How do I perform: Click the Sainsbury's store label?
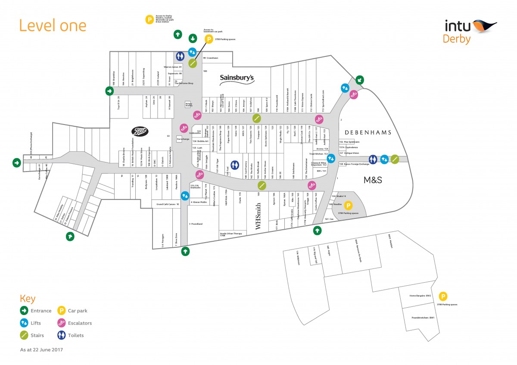(237, 78)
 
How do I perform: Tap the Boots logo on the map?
(140, 132)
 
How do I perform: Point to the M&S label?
(373, 179)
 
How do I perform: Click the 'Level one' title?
(53, 25)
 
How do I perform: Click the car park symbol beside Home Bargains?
(442, 296)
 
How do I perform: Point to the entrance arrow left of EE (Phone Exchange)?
(16, 162)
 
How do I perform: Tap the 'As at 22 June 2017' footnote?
(41, 349)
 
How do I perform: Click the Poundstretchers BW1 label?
(422, 318)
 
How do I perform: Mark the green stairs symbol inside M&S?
(395, 159)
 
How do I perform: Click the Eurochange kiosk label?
(183, 139)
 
